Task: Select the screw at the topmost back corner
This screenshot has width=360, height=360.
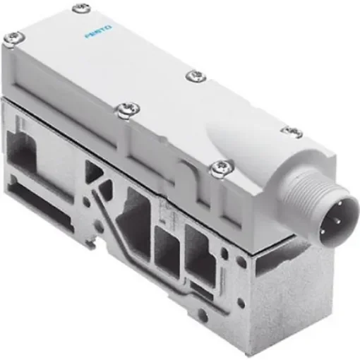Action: [x=76, y=9]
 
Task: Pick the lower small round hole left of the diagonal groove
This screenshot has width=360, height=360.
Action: [x=92, y=236]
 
